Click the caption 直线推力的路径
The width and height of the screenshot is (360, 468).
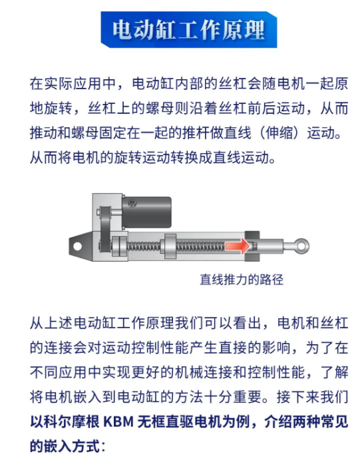(x=242, y=280)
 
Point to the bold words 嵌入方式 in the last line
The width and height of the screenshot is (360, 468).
(x=71, y=445)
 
